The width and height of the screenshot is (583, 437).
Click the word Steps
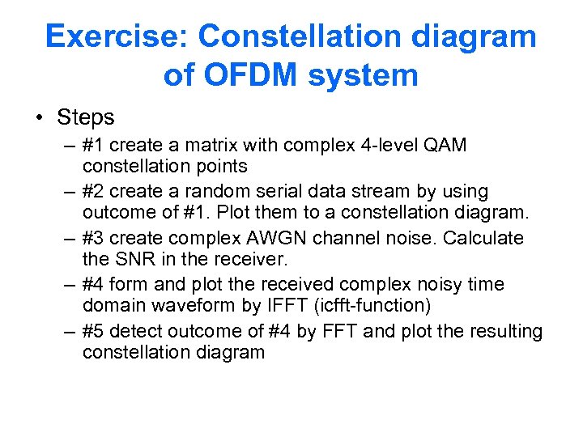85,117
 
